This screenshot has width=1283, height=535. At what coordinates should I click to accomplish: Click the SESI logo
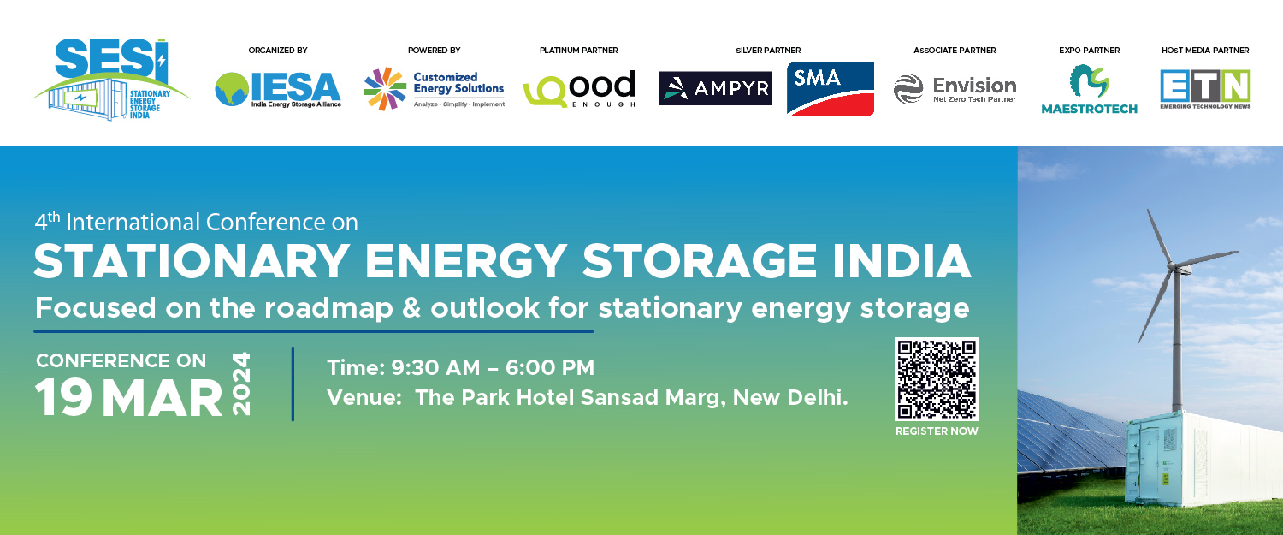coord(110,79)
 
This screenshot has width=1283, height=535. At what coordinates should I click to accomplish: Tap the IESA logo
coord(278,90)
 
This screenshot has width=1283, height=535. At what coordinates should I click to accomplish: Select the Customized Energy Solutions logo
coord(435,89)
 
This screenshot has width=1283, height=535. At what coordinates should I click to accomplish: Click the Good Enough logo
coord(579,89)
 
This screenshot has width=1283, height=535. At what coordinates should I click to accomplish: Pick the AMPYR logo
coord(715,88)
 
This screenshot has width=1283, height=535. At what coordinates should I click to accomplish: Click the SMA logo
coord(831,90)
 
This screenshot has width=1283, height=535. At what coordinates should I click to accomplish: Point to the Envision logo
coord(955,90)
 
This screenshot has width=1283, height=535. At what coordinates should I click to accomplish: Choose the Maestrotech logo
coord(1089,90)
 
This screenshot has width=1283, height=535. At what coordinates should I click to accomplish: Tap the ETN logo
coord(1205,90)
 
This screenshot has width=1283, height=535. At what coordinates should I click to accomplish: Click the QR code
coord(937,379)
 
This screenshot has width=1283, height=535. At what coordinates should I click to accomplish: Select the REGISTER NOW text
coord(937,431)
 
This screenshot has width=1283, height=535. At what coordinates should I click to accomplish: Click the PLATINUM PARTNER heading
coord(578,51)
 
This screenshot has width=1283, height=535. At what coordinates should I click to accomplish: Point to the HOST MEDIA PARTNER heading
coord(1205,51)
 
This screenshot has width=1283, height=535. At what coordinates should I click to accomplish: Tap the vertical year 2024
coord(241,383)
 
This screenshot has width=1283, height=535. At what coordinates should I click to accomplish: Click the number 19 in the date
coord(63,398)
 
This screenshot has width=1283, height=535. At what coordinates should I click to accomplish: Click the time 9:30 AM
coord(435,367)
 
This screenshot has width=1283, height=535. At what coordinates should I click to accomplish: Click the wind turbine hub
coord(1174,267)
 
